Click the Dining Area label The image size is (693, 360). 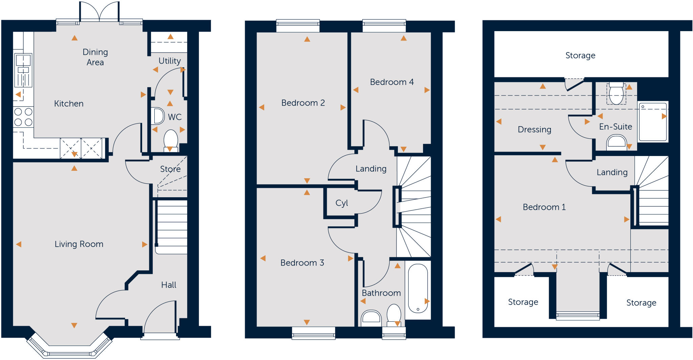coord(95,57)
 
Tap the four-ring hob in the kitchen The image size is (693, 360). coord(23,117)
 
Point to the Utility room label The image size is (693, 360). coord(170,61)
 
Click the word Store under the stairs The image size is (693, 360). coord(170,169)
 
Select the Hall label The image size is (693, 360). coord(169,285)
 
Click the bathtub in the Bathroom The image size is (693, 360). coord(418,289)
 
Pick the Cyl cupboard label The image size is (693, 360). coord(341,203)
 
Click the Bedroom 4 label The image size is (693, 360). coord(392,82)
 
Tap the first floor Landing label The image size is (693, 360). coord(371,168)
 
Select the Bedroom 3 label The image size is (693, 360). coord(302,263)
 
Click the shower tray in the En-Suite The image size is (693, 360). coord(653,122)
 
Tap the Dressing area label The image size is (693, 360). coord(534,129)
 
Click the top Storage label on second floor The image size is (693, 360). coord(580,55)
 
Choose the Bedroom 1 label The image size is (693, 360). coord(544,207)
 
